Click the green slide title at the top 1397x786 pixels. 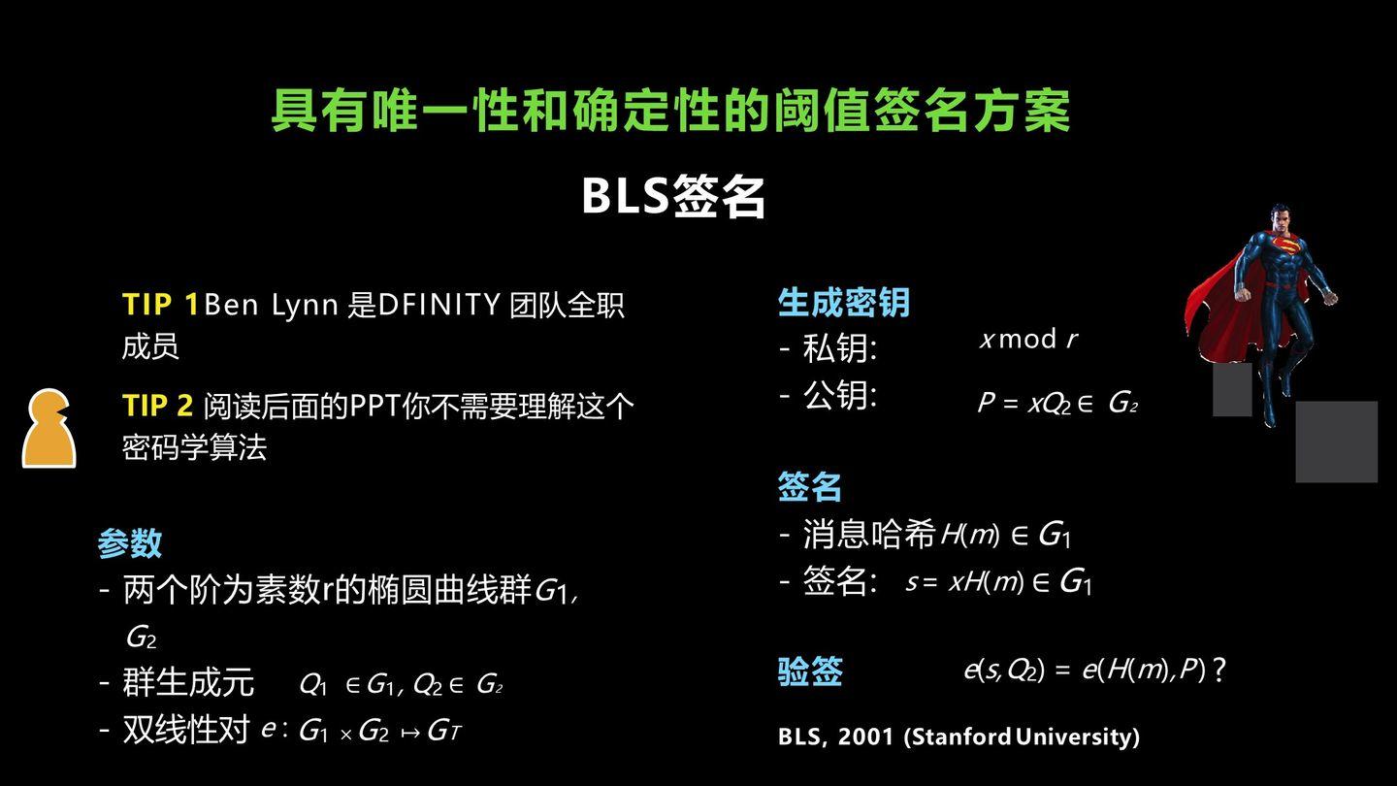[x=670, y=111]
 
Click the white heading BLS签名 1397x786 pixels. [x=673, y=196]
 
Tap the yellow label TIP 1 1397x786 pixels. [x=160, y=305]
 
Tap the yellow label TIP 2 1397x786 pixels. [x=157, y=405]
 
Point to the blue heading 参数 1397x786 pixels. [x=129, y=543]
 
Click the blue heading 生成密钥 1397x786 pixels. [x=843, y=303]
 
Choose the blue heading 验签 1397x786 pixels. [x=809, y=671]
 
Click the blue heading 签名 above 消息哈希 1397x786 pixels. [x=809, y=486]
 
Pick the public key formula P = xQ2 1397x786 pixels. [x=1056, y=403]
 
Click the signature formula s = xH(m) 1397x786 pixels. [x=998, y=581]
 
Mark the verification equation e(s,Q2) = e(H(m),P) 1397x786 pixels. [x=1093, y=670]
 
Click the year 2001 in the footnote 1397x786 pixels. [x=865, y=737]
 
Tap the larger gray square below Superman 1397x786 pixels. [x=1336, y=442]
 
